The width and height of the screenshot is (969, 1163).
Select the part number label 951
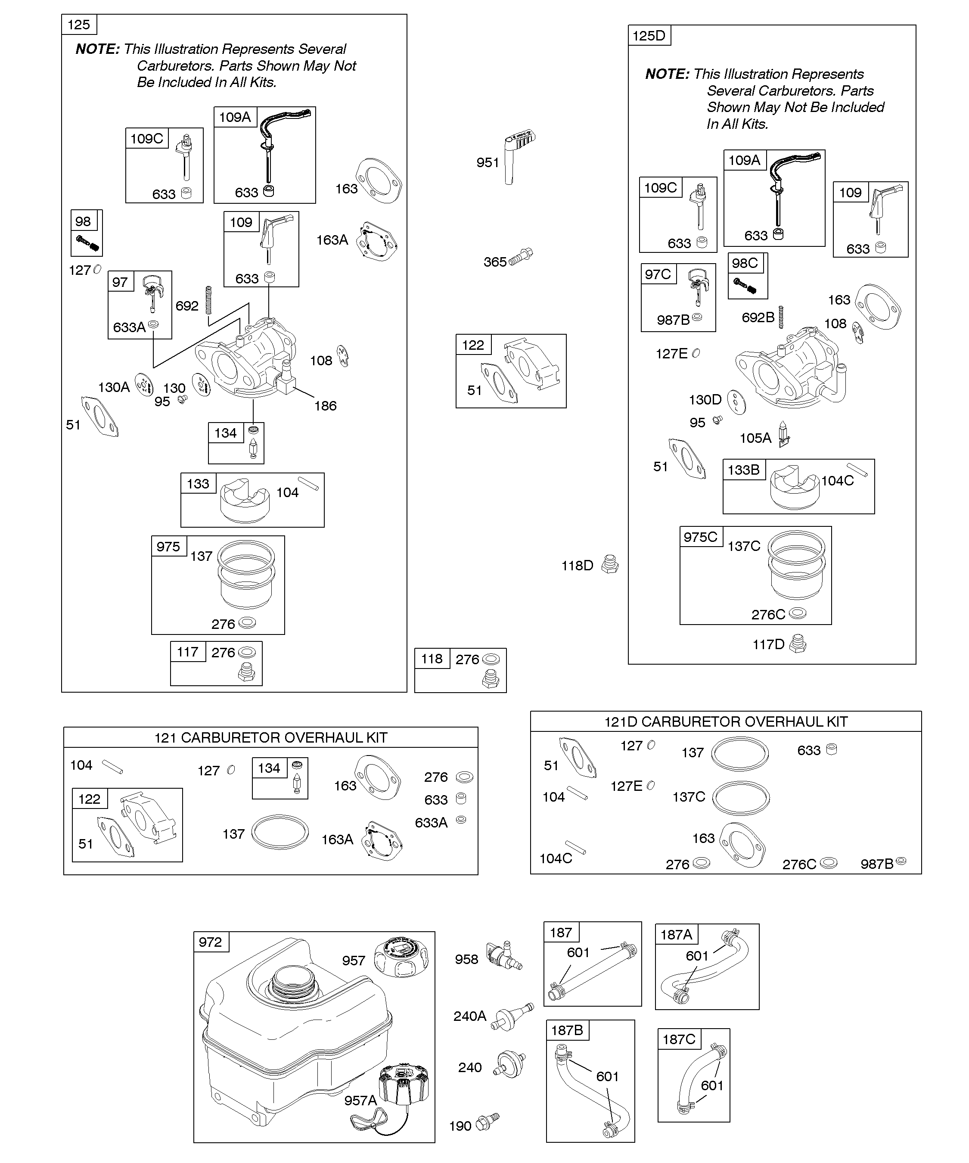click(488, 162)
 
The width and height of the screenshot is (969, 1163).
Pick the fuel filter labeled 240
click(509, 1065)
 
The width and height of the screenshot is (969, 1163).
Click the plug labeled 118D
click(610, 564)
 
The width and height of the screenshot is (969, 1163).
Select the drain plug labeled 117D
click(797, 644)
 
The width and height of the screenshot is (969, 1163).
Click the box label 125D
click(649, 35)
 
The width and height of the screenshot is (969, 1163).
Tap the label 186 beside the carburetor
click(325, 406)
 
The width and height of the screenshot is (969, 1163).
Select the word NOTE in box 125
click(97, 49)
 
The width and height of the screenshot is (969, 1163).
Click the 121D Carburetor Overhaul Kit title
click(726, 721)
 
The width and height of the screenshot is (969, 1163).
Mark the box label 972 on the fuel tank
click(211, 942)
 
